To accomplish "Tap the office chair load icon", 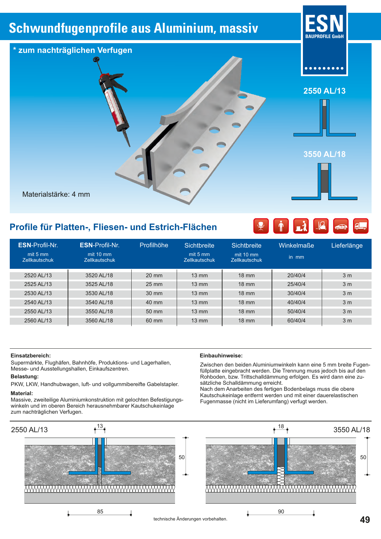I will tap(261, 226).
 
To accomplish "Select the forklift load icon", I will tap(321, 226).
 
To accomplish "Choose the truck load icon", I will tap(361, 226).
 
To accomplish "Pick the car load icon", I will tap(341, 226).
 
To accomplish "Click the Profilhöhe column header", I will tap(154, 245).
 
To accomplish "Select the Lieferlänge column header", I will tap(347, 246).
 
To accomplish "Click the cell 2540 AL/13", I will tap(38, 303).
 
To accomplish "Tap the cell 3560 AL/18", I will tap(99, 321).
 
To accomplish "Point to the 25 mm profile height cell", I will tap(154, 284).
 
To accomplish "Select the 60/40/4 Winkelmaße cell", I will tap(296, 321).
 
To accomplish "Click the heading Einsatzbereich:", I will tap(31, 356).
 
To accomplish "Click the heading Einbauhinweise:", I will tap(221, 356).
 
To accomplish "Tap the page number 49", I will tap(365, 520).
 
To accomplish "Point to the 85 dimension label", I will tap(100, 512).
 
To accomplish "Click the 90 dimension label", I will tap(281, 512).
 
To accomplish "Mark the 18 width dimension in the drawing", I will tap(281, 426).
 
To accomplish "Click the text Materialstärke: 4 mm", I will tap(56, 194).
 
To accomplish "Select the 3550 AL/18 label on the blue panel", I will tap(324, 154).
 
